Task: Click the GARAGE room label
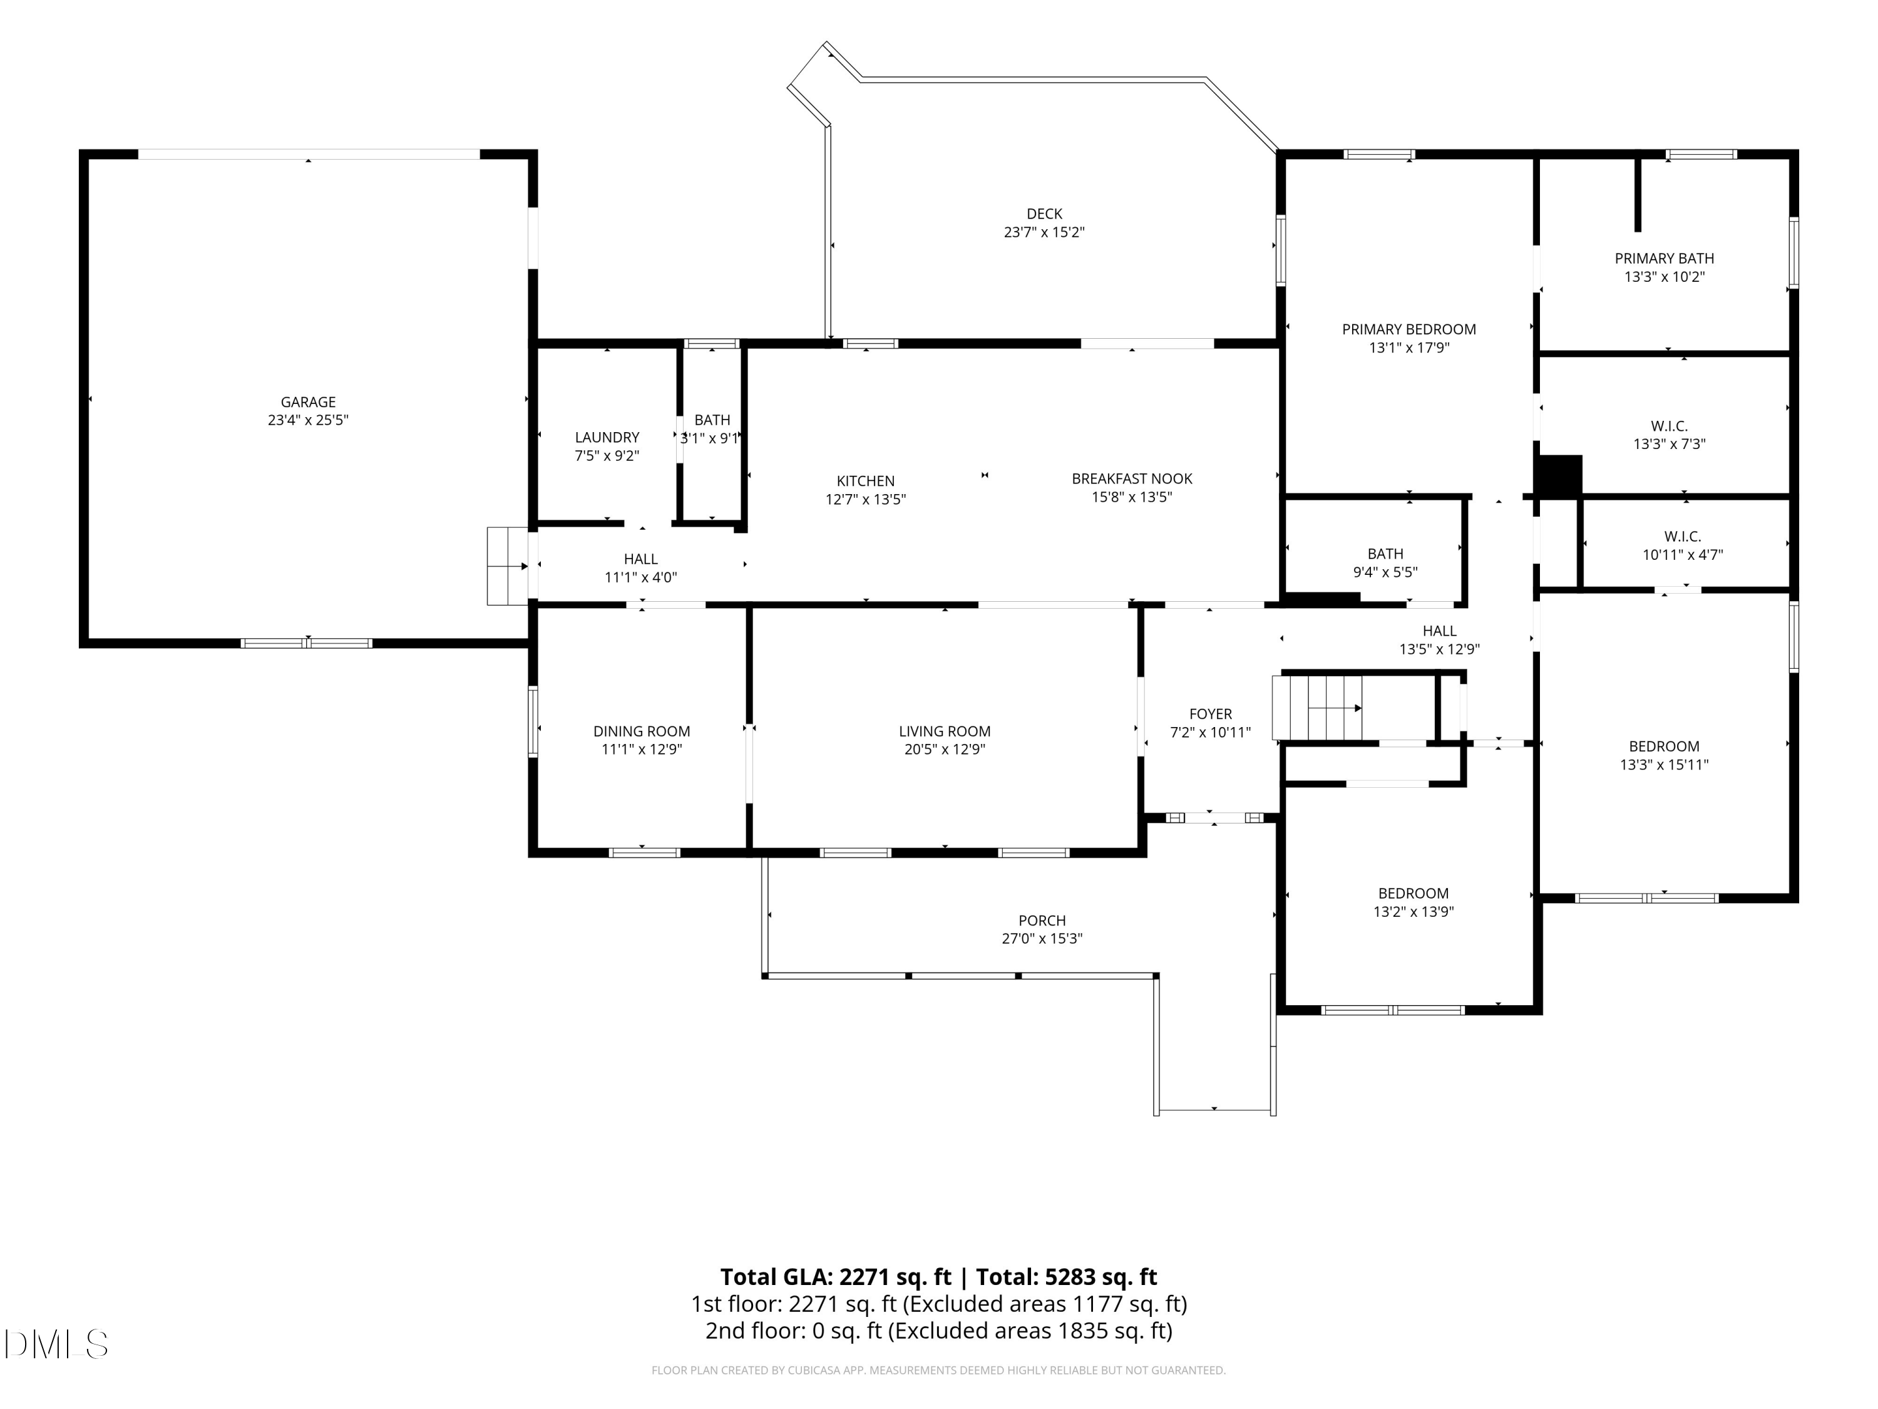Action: pos(308,402)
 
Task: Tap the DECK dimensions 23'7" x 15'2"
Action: pos(1044,232)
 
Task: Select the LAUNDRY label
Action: pos(607,437)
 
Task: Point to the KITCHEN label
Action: pos(865,481)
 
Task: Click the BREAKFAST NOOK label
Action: pos(1132,479)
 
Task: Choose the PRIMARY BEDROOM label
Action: pos(1408,329)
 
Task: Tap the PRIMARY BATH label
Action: pos(1664,258)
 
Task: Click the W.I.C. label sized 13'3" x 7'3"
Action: pos(1669,426)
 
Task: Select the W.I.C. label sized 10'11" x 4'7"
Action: pos(1682,537)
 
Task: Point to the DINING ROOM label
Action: pos(641,731)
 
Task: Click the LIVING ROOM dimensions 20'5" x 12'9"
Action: pos(944,749)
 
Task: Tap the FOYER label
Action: pos(1210,715)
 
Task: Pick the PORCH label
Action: pos(1042,921)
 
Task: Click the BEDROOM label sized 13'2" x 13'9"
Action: pos(1413,894)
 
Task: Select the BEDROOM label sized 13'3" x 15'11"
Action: pos(1663,746)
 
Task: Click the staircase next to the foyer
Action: pos(1317,708)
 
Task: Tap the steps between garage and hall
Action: pos(508,565)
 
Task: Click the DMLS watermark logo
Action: pos(56,1344)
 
